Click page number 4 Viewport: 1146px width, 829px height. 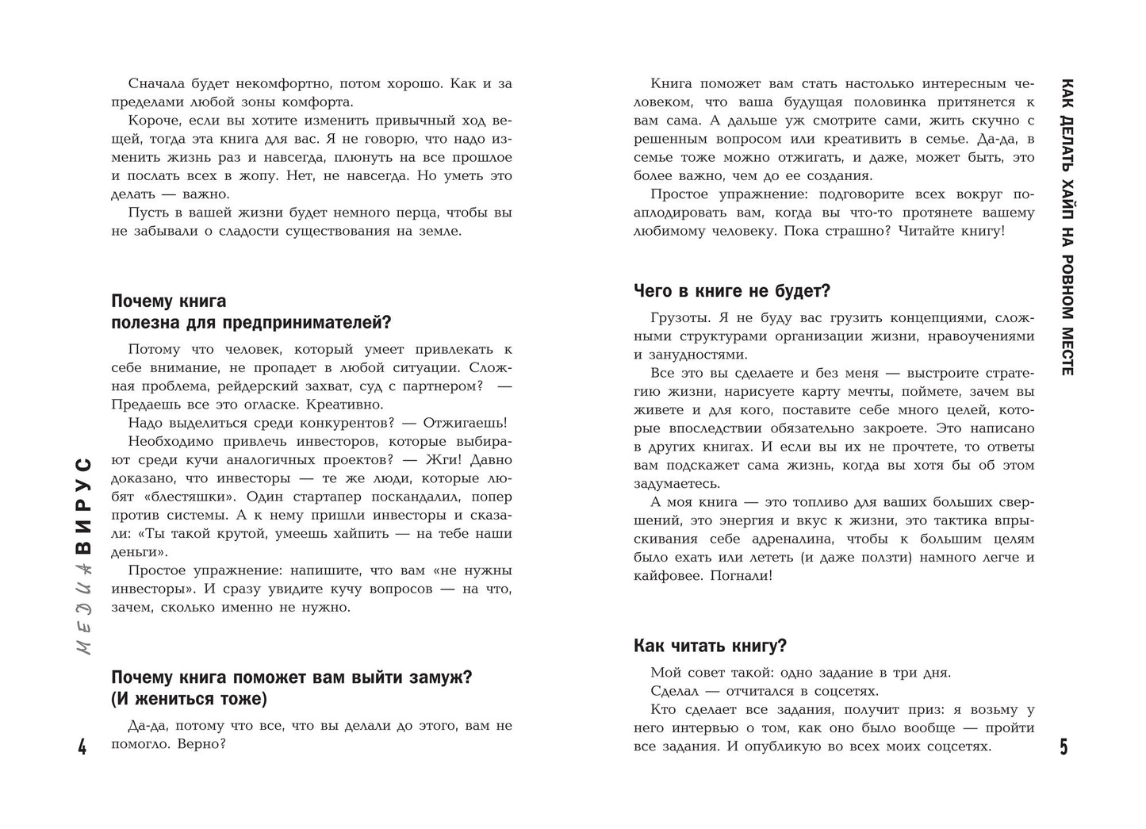click(x=82, y=747)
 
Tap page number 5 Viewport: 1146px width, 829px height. click(x=1064, y=747)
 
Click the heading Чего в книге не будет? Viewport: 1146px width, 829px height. click(x=732, y=291)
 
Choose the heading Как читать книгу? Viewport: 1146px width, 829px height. click(x=710, y=645)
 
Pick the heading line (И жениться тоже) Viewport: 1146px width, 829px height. click(x=190, y=699)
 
